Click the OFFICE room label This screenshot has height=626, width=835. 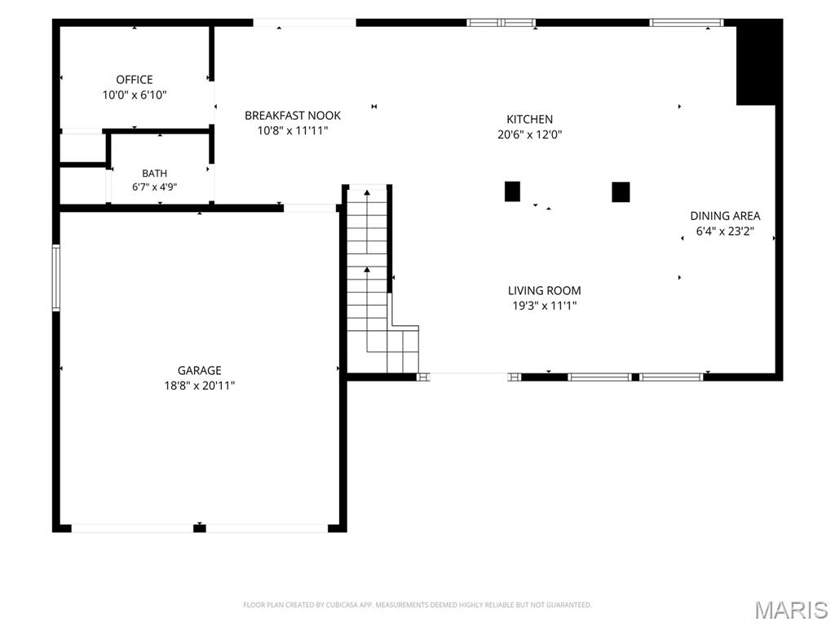135,80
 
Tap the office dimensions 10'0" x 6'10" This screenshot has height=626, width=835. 135,95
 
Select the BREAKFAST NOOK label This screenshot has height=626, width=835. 293,116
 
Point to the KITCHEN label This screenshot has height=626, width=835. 529,119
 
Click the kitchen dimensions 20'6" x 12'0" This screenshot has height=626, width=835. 529,134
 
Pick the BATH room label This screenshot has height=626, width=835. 154,174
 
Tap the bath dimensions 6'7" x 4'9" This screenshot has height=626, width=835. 154,187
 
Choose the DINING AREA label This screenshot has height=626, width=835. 725,216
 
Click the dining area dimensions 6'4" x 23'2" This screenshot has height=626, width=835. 725,231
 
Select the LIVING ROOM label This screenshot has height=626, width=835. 544,291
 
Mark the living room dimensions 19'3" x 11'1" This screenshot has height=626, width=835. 544,306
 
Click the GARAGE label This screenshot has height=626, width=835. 199,371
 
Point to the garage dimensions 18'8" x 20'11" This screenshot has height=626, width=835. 199,386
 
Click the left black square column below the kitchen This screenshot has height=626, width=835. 512,192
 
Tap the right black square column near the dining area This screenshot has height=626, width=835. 621,192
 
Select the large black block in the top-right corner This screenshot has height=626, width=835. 756,63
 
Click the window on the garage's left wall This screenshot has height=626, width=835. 55,277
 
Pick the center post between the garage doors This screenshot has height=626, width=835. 199,528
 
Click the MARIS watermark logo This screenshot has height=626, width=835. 790,610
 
